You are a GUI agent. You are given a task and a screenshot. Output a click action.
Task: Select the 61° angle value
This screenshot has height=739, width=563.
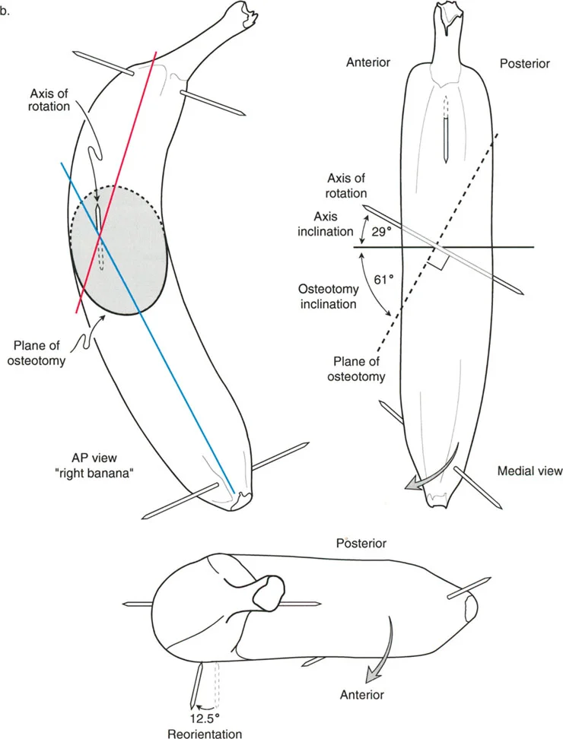[x=386, y=279]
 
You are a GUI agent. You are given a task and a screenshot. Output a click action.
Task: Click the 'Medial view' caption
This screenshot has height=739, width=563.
[x=530, y=471]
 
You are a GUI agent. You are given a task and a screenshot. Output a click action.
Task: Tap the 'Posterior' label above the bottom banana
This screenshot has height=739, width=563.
[x=361, y=544]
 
